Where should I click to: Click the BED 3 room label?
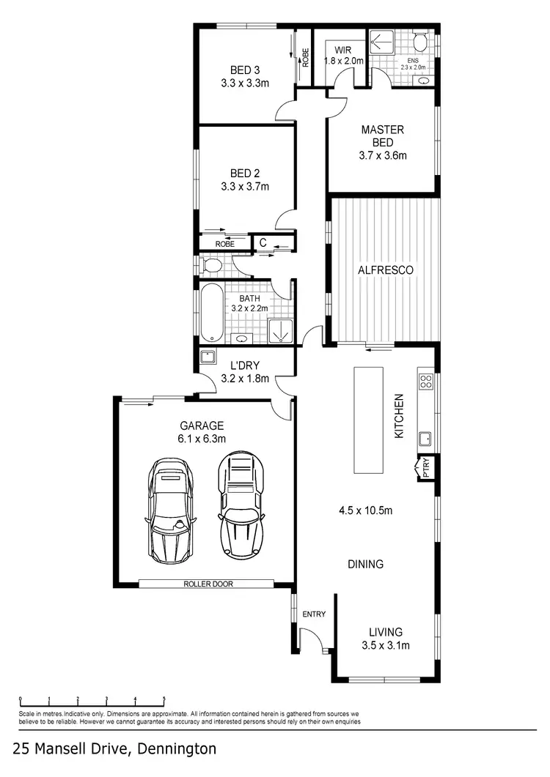coord(245,70)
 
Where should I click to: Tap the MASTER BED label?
coord(382,135)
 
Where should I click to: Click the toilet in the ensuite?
coord(420,39)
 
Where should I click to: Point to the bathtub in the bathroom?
coord(211,313)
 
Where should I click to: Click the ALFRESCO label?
coord(385,270)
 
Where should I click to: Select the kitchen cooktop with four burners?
coord(425,381)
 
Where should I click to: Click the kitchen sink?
coord(425,439)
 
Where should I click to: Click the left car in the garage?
coord(172,511)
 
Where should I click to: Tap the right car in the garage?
coord(240,505)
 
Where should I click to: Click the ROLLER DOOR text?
coord(206,584)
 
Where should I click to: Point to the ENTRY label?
coord(314,614)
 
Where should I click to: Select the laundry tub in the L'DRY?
coord(208,357)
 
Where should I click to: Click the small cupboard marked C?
coord(261,242)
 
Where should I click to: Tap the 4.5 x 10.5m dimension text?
coord(366,510)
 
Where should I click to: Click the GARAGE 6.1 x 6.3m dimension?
coord(201,439)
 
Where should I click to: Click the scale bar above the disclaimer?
coord(92,700)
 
